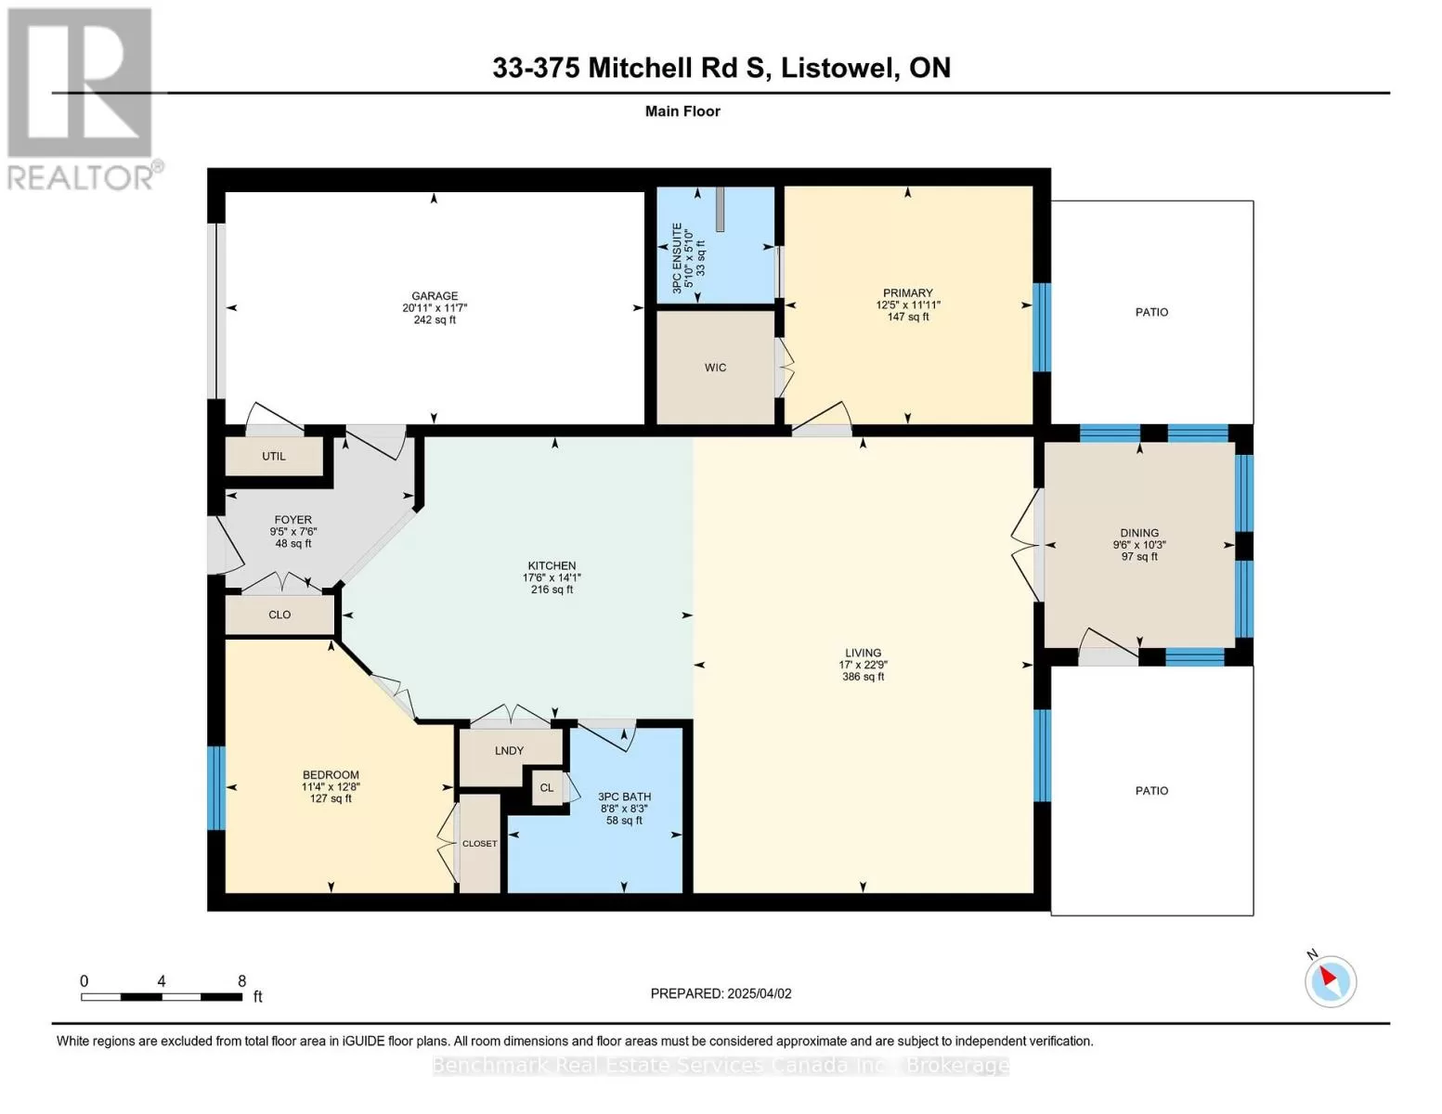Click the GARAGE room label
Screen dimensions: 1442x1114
(x=435, y=296)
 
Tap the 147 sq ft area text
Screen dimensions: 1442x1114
(x=908, y=317)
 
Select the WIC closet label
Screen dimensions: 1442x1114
(x=715, y=368)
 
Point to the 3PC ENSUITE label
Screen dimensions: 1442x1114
(x=677, y=258)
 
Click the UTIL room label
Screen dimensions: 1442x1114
(x=274, y=457)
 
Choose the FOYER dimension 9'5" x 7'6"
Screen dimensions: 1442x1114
(x=293, y=531)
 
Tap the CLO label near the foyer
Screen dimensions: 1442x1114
(x=279, y=615)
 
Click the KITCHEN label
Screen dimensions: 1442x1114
(x=552, y=566)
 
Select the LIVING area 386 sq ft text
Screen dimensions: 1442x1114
(x=864, y=677)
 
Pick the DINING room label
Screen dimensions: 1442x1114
(x=1139, y=533)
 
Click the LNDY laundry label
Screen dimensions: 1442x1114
(x=510, y=750)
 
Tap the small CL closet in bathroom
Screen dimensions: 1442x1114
(x=547, y=788)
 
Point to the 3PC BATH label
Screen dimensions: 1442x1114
(x=625, y=797)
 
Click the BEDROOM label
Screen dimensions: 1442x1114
(x=331, y=775)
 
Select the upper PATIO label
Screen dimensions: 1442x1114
(x=1152, y=313)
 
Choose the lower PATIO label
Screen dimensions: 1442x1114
(x=1152, y=791)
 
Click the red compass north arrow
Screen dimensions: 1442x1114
(x=1328, y=976)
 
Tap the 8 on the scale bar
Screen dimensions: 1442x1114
(x=242, y=981)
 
